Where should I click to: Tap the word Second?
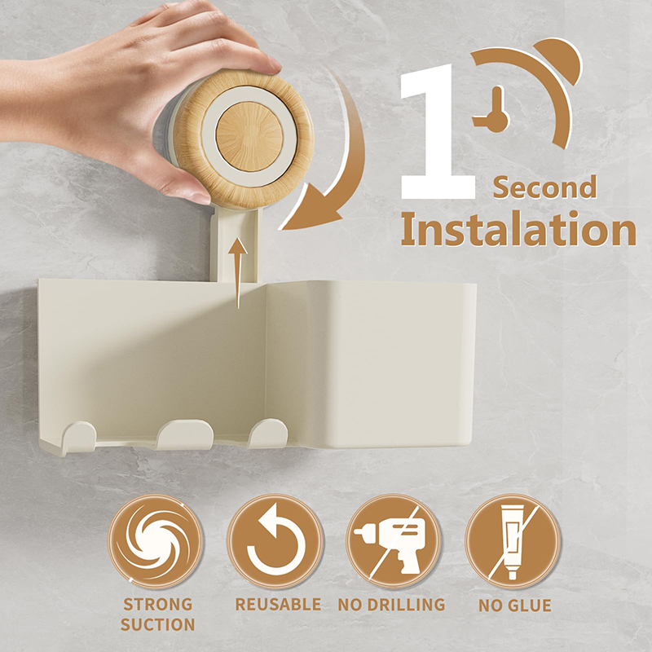[544, 187]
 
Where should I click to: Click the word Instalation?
[518, 229]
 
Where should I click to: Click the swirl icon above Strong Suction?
[156, 541]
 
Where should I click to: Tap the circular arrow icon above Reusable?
[275, 541]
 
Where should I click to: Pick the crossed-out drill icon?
[394, 541]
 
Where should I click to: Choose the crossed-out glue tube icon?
[513, 541]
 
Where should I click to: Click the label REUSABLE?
[278, 604]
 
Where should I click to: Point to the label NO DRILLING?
[391, 605]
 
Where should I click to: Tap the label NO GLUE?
[515, 606]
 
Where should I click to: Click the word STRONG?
[158, 604]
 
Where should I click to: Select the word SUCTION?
[157, 624]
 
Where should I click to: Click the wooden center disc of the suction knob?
[249, 136]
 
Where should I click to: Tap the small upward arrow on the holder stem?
[237, 273]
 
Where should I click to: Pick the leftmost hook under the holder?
[79, 436]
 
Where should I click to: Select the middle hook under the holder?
[185, 434]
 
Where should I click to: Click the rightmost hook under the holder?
[268, 434]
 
